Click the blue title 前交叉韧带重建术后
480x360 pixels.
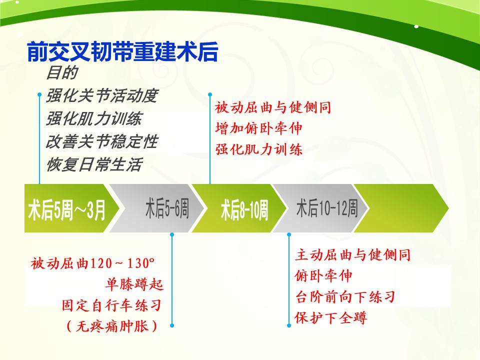pos(122,51)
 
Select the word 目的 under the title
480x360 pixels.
pos(62,73)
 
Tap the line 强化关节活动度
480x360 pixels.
pos(102,96)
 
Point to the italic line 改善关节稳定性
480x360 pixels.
pos(102,141)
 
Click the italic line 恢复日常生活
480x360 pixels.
pos(94,164)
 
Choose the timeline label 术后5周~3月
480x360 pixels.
pos(66,209)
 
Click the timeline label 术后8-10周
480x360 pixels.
pos(244,209)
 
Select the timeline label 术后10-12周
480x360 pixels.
pos(326,208)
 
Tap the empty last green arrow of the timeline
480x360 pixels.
pos(401,208)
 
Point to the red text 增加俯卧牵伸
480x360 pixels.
pos(258,128)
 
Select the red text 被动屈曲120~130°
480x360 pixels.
pos(92,263)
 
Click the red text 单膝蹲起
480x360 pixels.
pos(134,284)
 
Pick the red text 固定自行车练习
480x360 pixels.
pos(111,305)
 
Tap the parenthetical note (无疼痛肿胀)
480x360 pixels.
pos(112,326)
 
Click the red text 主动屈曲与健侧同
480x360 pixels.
pos(352,255)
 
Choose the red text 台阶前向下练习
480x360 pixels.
pos(345,297)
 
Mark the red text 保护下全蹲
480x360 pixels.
pos(331,318)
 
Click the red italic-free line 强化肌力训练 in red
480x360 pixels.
pos(258,149)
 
